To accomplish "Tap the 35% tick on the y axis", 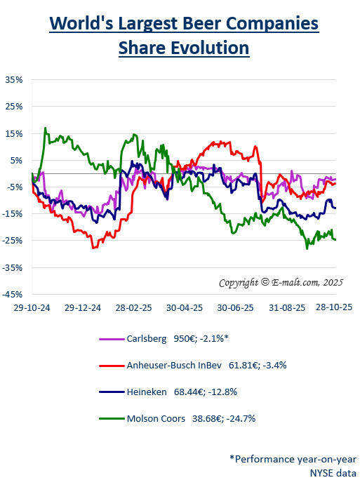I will click(13, 80).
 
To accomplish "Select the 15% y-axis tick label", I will click(13, 133).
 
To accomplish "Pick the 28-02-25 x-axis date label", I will click(134, 307).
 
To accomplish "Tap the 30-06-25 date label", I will click(234, 307).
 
